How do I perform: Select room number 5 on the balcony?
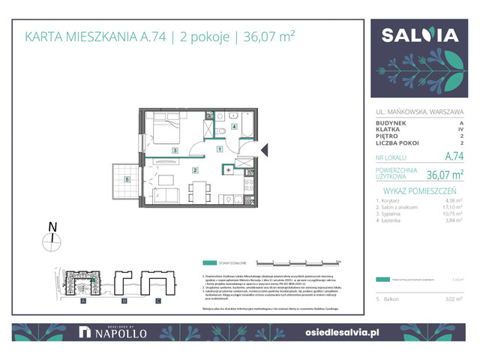[128, 180]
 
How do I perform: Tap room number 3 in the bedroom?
[174, 151]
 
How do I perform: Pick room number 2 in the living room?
[195, 171]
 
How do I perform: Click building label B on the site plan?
[121, 301]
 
